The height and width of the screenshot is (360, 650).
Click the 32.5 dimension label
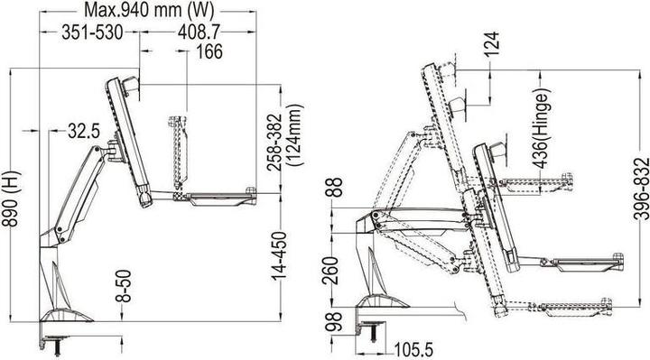[x=83, y=133]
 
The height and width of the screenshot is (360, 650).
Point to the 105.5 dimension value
[x=410, y=347]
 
